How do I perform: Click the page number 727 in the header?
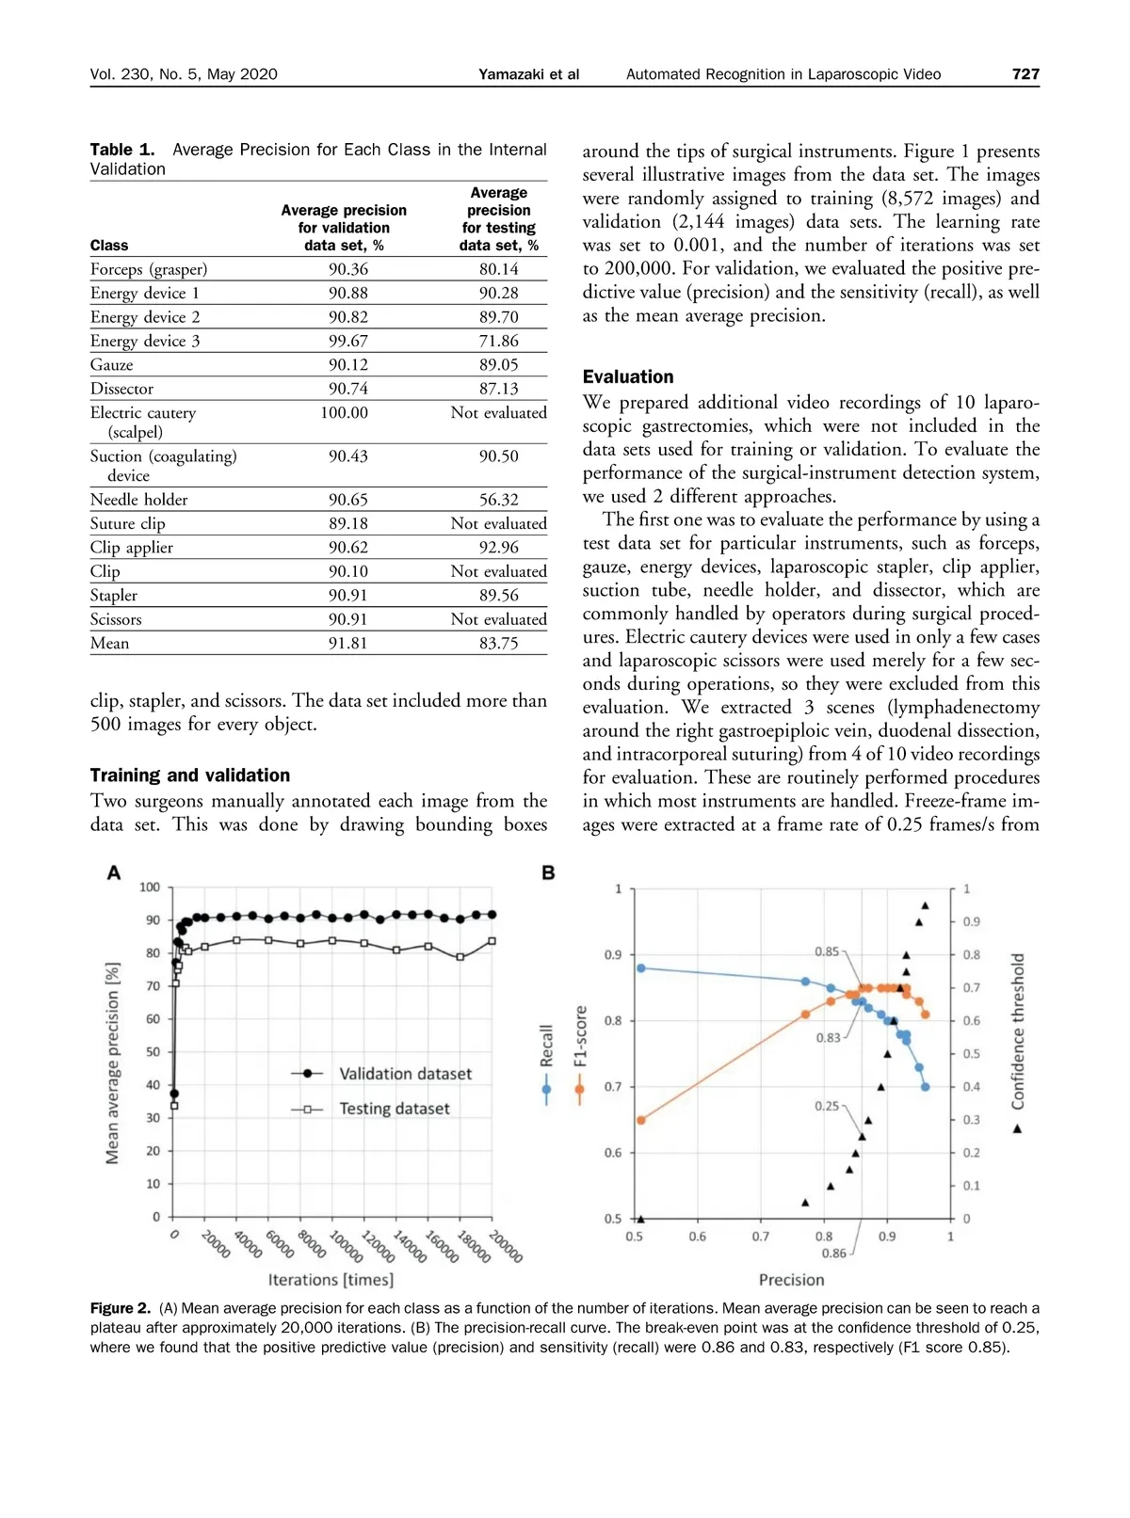(x=1025, y=74)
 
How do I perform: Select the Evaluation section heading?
(x=628, y=376)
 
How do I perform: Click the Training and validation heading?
(x=190, y=775)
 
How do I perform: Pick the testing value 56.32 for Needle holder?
(x=498, y=500)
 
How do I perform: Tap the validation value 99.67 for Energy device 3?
(x=348, y=341)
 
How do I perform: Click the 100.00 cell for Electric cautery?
(x=344, y=412)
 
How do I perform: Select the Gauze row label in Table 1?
(x=112, y=365)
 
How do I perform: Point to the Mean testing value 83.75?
(x=498, y=644)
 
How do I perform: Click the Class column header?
(x=109, y=246)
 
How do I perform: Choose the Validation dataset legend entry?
(x=405, y=1074)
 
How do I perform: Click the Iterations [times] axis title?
(x=331, y=1280)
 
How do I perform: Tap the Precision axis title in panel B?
(x=791, y=1280)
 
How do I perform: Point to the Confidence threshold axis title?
(x=1018, y=1031)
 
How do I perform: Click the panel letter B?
(x=548, y=873)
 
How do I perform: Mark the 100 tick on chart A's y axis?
(x=150, y=887)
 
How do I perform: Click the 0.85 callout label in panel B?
(x=827, y=951)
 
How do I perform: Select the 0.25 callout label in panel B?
(x=827, y=1106)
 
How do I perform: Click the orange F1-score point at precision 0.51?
(x=641, y=1120)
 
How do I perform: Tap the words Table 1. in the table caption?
(x=122, y=150)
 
